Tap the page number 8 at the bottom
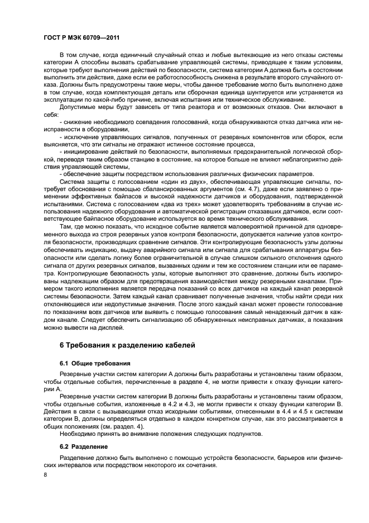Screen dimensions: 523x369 pyautogui.click(x=45, y=474)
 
